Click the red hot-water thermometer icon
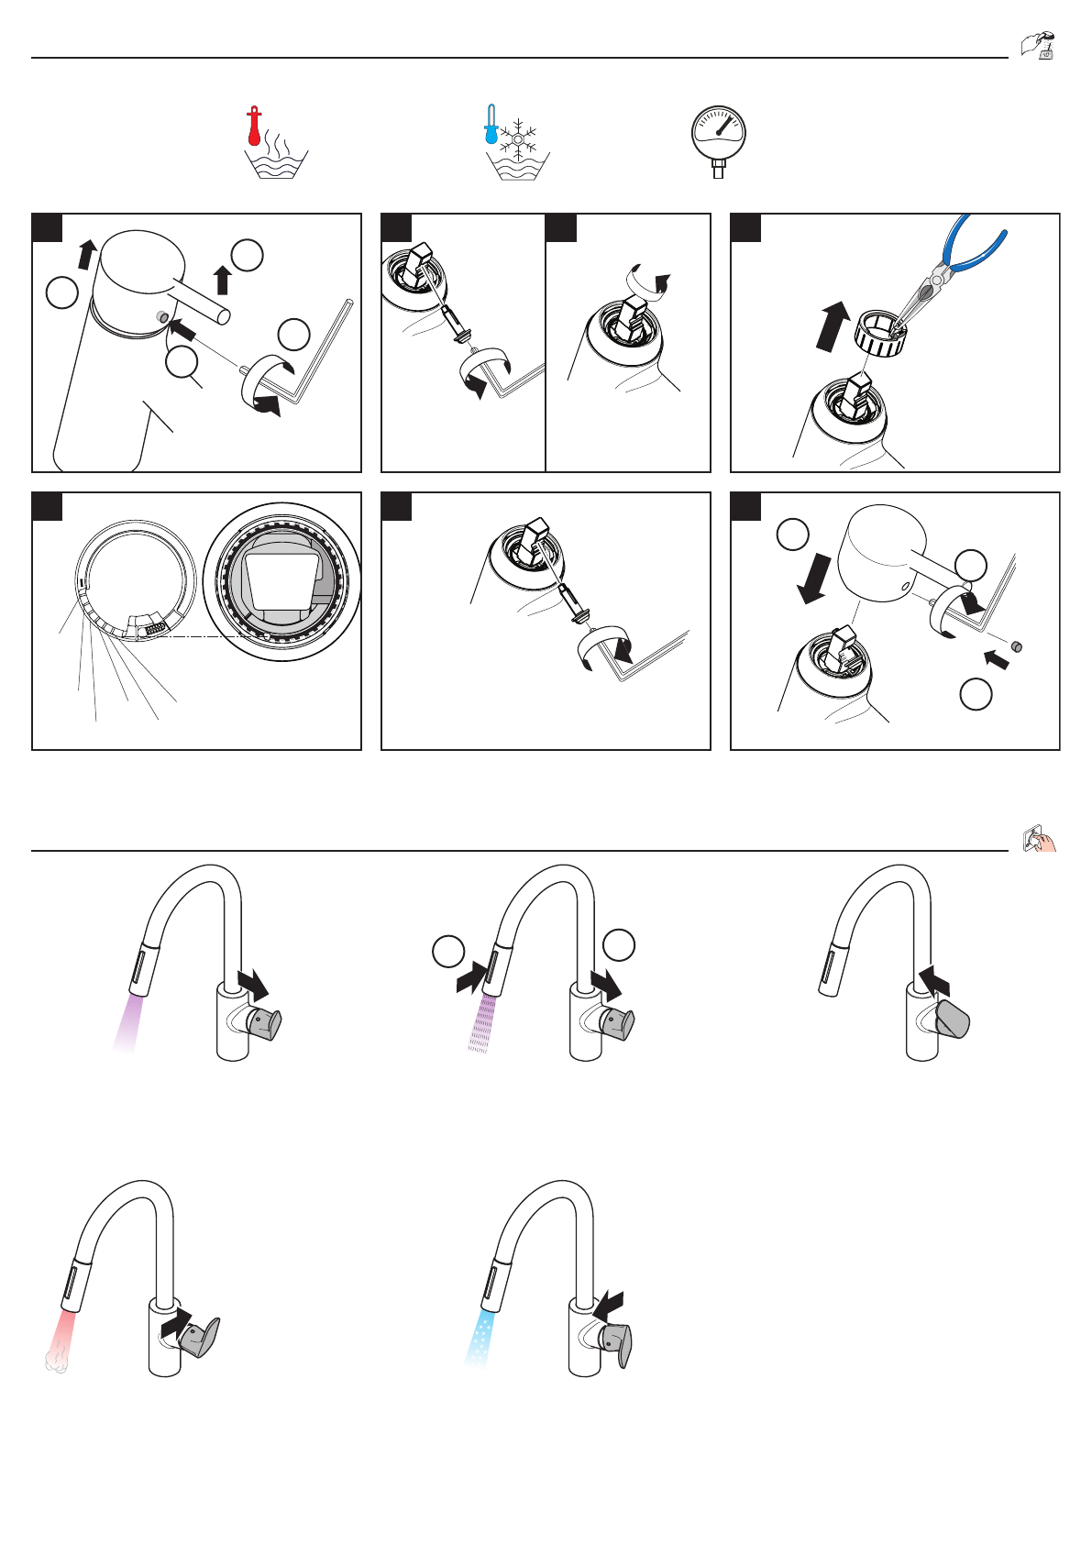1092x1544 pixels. [x=255, y=127]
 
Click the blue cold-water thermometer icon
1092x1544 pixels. [x=491, y=126]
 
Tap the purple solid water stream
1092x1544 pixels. [x=127, y=1025]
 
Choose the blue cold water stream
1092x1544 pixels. [x=480, y=1338]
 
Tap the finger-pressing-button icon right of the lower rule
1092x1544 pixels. [x=1039, y=838]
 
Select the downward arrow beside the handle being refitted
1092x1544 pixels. [x=813, y=579]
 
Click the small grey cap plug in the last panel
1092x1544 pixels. [x=1016, y=646]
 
